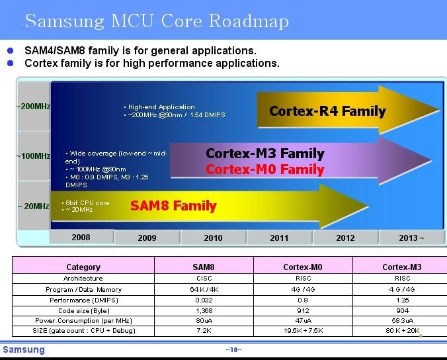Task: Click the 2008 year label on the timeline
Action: point(81,238)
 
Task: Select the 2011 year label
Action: point(279,238)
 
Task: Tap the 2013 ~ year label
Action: point(411,238)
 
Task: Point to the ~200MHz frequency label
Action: point(33,107)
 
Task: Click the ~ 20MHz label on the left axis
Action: point(33,206)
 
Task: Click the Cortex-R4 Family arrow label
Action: point(327,111)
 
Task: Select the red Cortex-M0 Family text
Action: point(265,169)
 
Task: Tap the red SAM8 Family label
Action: point(173,206)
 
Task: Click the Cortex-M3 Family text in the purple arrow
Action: point(265,154)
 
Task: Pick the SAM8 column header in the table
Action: point(204,267)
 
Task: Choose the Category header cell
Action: point(83,267)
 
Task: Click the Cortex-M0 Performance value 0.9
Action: point(303,300)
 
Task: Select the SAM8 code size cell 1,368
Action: point(204,310)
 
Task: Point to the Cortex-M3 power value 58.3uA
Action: point(402,321)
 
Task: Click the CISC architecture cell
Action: point(204,278)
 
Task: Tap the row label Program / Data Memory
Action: point(83,290)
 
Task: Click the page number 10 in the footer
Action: point(234,349)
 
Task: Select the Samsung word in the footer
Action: point(24,349)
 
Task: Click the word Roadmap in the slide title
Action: point(249,21)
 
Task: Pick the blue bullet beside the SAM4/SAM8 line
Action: point(11,50)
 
